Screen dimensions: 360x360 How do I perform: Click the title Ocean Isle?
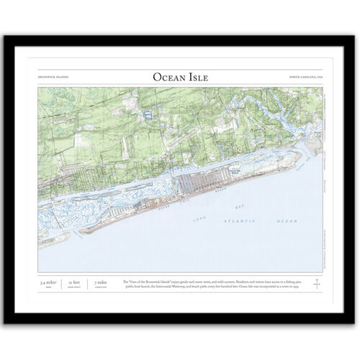[179, 76]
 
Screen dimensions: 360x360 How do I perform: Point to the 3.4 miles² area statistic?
[49, 283]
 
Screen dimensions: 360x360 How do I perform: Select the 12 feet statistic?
[74, 283]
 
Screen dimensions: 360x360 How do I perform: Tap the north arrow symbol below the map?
[314, 282]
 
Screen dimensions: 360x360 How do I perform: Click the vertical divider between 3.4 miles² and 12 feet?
[62, 283]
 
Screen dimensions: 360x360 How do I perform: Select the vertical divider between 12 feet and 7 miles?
[86, 283]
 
